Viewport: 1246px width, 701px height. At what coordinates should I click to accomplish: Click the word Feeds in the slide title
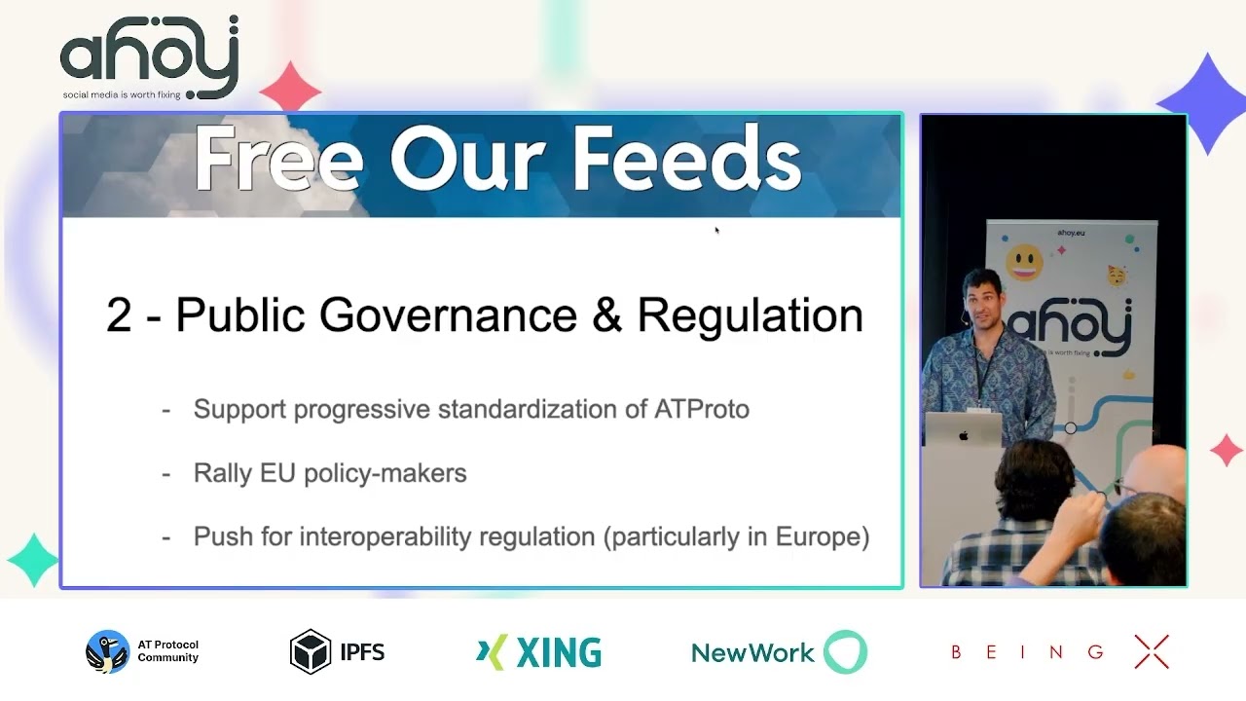pyautogui.click(x=685, y=159)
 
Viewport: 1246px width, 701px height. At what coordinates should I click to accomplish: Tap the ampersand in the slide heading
pyautogui.click(x=605, y=315)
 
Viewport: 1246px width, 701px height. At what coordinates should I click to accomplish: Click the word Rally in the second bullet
pyautogui.click(x=222, y=473)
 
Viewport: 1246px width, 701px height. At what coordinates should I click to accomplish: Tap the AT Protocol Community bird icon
pyautogui.click(x=107, y=651)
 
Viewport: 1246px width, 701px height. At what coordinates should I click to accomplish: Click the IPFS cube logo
pyautogui.click(x=311, y=651)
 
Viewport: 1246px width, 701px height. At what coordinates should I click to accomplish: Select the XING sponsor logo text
pyautogui.click(x=558, y=653)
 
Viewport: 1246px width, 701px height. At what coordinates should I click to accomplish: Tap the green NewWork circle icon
pyautogui.click(x=845, y=652)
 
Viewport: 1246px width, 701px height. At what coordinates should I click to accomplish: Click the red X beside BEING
pyautogui.click(x=1152, y=652)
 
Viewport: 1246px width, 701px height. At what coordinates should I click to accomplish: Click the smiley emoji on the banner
pyautogui.click(x=1023, y=262)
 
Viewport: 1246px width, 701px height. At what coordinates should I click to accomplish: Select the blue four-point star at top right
pyautogui.click(x=1207, y=101)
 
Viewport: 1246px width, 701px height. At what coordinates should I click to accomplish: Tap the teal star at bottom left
pyautogui.click(x=33, y=560)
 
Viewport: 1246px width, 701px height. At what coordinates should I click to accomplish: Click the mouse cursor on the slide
pyautogui.click(x=716, y=231)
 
